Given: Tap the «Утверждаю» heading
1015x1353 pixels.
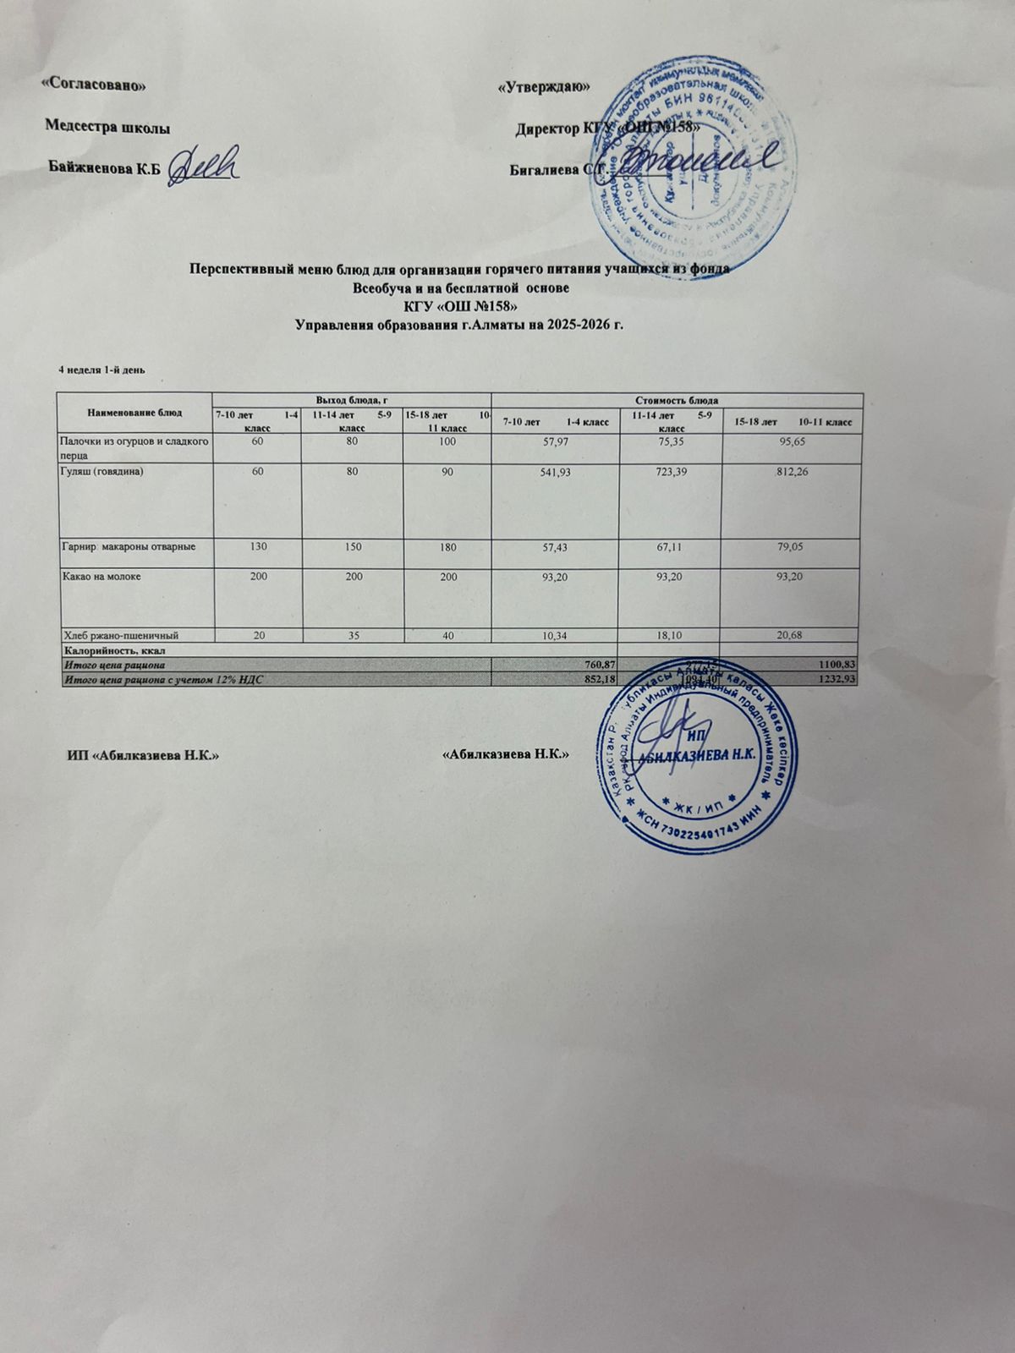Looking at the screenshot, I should pyautogui.click(x=543, y=88).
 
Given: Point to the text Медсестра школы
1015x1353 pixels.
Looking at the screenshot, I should pyautogui.click(x=107, y=127).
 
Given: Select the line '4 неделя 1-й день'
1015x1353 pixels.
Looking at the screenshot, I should pyautogui.click(x=101, y=370).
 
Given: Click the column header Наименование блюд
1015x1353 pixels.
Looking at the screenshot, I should pyautogui.click(x=134, y=413).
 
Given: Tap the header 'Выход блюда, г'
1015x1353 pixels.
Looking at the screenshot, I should pyautogui.click(x=350, y=399).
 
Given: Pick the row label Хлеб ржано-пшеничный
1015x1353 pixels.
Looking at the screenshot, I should pyautogui.click(x=121, y=634).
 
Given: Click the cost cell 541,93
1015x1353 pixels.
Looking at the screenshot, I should pyautogui.click(x=554, y=471).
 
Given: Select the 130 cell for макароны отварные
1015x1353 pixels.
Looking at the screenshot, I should pyautogui.click(x=258, y=547).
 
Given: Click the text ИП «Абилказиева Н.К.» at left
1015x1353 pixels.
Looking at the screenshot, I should pyautogui.click(x=144, y=755).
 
